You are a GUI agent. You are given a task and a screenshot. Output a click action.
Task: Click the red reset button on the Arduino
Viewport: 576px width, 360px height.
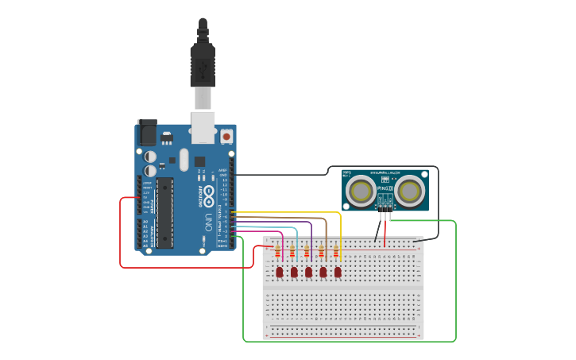click(x=226, y=137)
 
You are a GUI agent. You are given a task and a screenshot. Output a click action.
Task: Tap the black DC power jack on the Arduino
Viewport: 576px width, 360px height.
click(x=148, y=132)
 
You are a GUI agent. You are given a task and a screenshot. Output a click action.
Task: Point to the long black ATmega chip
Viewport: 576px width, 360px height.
click(x=164, y=212)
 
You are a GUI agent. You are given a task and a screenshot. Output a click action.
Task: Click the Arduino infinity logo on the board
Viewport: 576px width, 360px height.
click(x=209, y=192)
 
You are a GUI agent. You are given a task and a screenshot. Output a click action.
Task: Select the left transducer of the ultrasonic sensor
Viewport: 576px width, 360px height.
click(x=362, y=190)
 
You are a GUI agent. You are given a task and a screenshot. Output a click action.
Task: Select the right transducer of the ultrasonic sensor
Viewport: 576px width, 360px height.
click(x=409, y=190)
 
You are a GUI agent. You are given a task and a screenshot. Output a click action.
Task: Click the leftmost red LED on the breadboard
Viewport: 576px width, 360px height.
click(x=280, y=273)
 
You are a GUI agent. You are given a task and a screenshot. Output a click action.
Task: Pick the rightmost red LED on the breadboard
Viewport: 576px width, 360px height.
click(x=338, y=273)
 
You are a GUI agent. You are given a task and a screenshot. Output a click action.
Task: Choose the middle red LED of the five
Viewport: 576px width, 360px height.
click(x=308, y=273)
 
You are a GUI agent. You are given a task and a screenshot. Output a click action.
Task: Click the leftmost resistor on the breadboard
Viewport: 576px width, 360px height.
click(x=277, y=253)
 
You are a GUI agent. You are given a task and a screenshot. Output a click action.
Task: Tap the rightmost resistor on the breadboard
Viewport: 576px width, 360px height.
click(x=336, y=253)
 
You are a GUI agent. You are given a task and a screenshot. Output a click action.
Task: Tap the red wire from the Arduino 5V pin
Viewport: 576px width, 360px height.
click(x=121, y=238)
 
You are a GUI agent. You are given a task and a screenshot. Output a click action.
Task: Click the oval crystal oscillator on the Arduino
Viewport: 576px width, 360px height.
click(x=184, y=159)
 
